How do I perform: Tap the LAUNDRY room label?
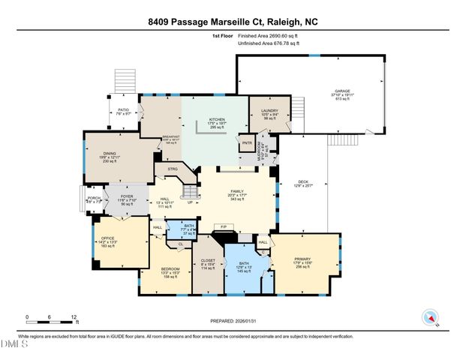click(270, 111)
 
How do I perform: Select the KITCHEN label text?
click(217, 119)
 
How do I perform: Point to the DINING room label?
click(110, 153)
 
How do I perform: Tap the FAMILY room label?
click(237, 193)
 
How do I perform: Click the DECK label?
click(303, 181)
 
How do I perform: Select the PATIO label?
click(124, 109)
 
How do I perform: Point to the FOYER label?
click(127, 196)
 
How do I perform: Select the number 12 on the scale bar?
click(74, 316)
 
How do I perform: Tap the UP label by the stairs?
click(190, 202)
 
